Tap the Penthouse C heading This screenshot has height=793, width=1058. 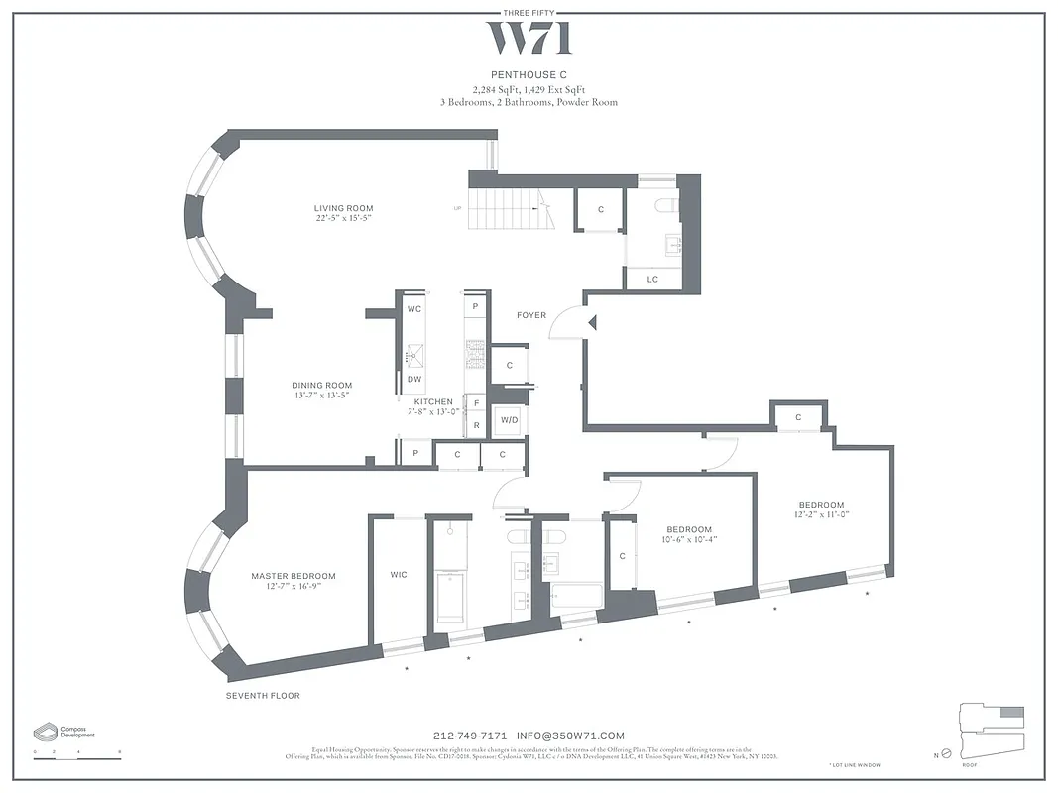pyautogui.click(x=529, y=74)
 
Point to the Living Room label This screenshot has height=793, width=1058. pyautogui.click(x=343, y=208)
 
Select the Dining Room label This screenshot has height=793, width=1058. pyautogui.click(x=321, y=386)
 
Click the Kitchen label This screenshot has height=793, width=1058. pyautogui.click(x=433, y=402)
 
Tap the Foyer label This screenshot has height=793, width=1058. pyautogui.click(x=531, y=315)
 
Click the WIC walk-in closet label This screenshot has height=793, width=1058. pyautogui.click(x=399, y=575)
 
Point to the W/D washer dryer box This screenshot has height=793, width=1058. pyautogui.click(x=509, y=420)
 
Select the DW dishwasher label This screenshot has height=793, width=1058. pyautogui.click(x=414, y=379)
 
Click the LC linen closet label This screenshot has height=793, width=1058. pyautogui.click(x=652, y=280)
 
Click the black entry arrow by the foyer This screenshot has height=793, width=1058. pyautogui.click(x=591, y=322)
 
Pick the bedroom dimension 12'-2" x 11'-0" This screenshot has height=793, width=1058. pyautogui.click(x=822, y=515)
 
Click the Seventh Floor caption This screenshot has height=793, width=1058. pyautogui.click(x=263, y=696)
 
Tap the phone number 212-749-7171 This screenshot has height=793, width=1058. pyautogui.click(x=470, y=736)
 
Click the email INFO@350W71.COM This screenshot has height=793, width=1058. pyautogui.click(x=571, y=736)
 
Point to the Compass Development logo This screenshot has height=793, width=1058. pyautogui.click(x=63, y=732)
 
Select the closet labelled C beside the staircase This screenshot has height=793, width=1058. pyautogui.click(x=601, y=210)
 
